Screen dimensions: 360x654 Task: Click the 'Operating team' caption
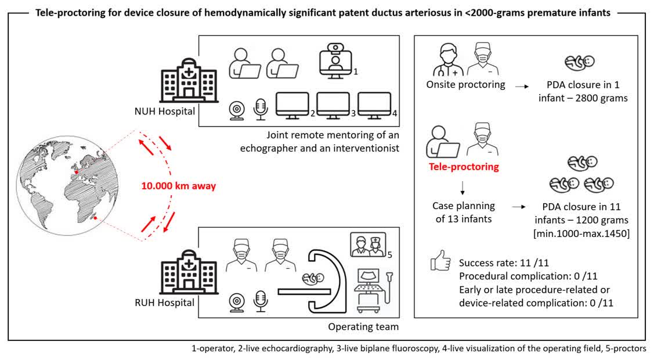point(363,326)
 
